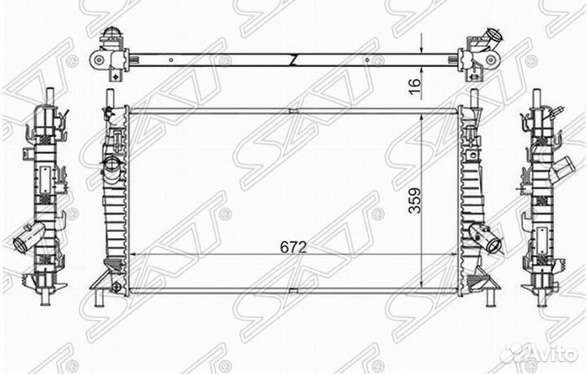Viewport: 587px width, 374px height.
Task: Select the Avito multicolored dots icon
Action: pos(515,353)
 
